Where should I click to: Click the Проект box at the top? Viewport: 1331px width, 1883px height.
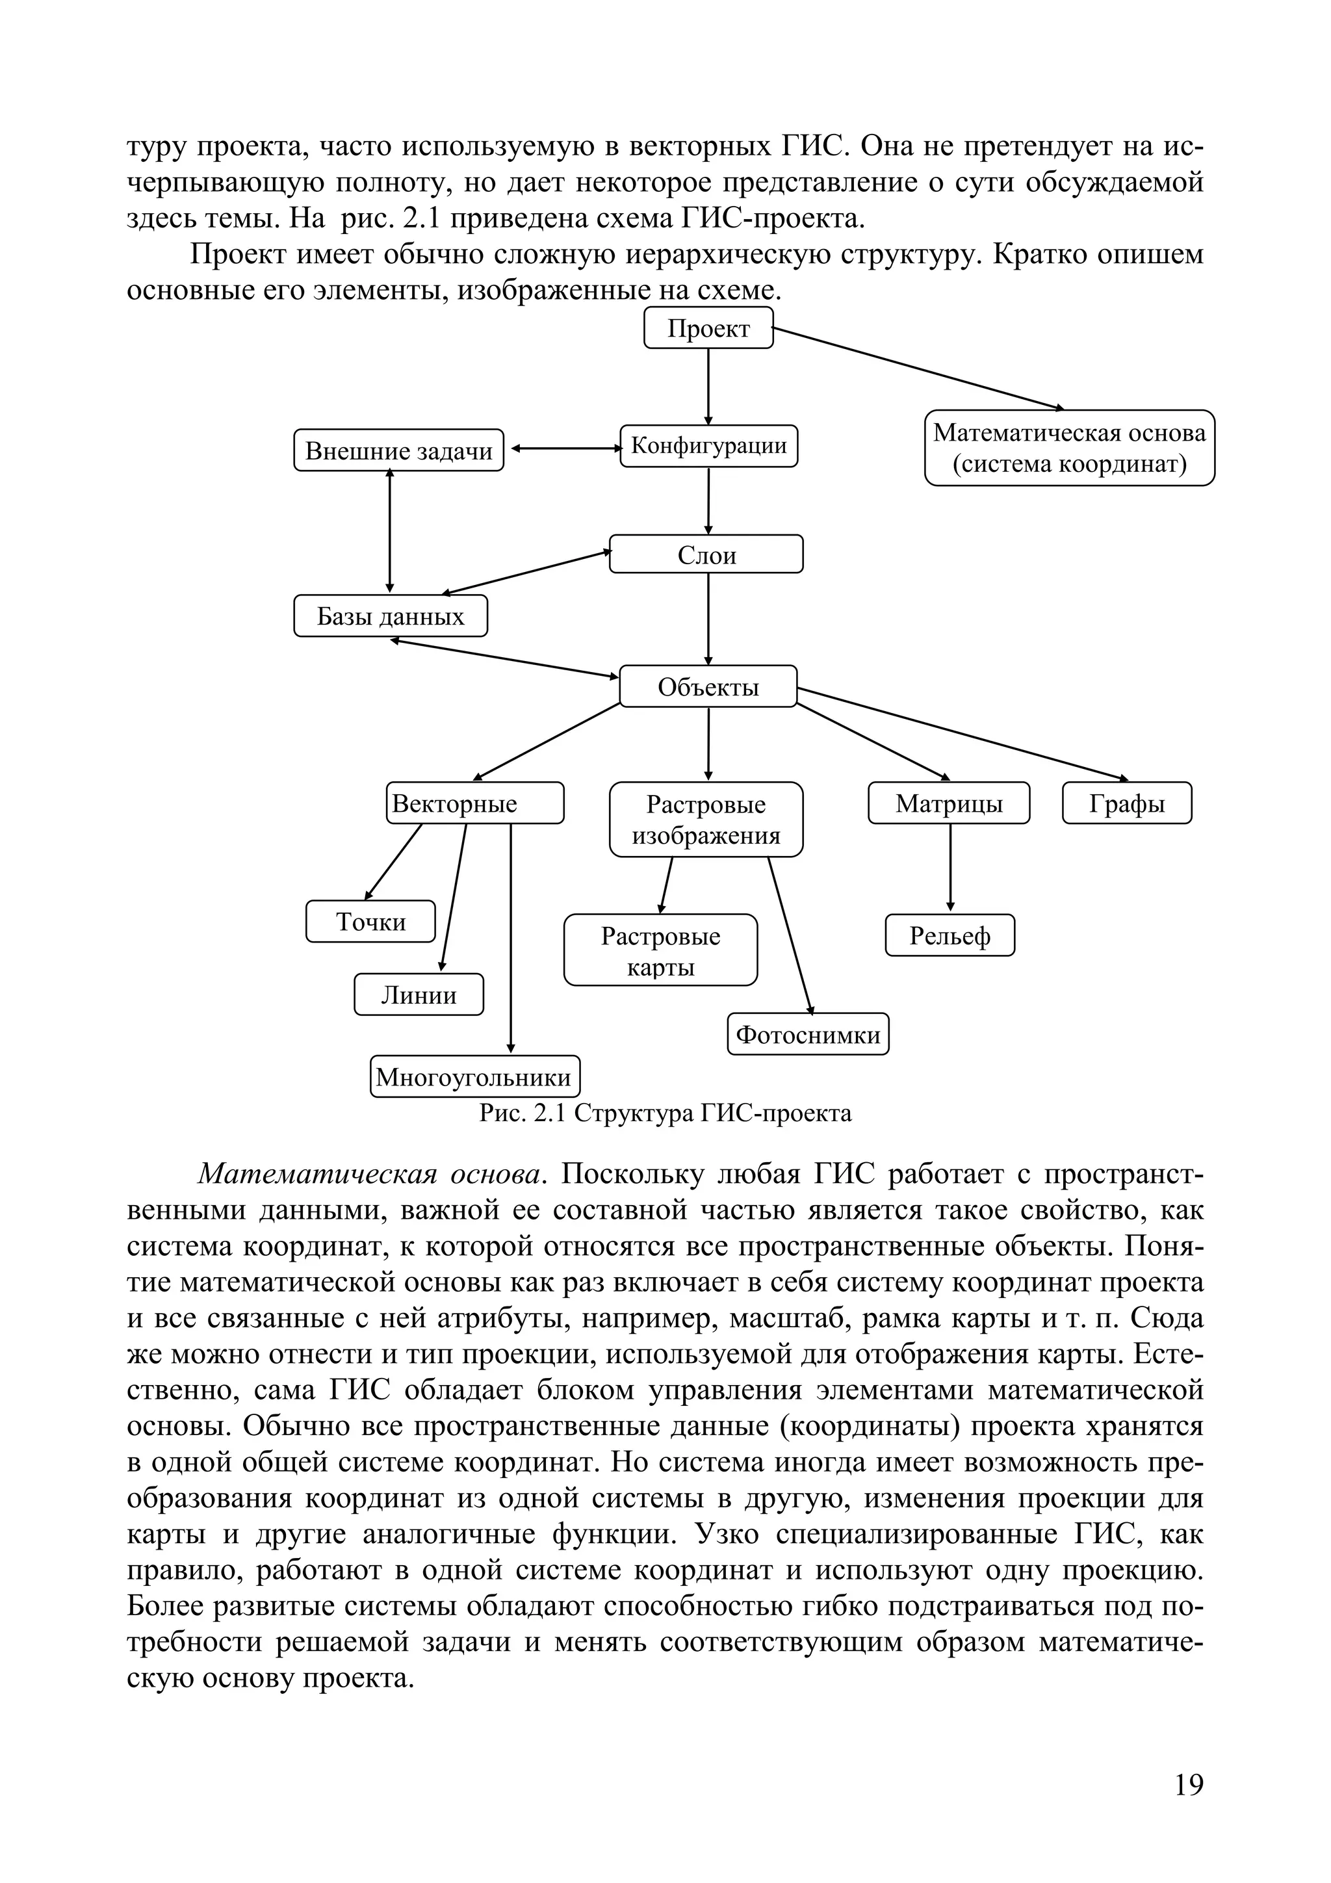pyautogui.click(x=708, y=328)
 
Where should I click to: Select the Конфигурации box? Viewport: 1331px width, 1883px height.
pyautogui.click(x=708, y=446)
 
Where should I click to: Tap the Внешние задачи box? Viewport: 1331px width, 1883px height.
pyautogui.click(x=398, y=450)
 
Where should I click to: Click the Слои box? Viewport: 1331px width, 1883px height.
pyautogui.click(x=706, y=554)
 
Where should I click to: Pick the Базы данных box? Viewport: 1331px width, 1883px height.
pyautogui.click(x=391, y=616)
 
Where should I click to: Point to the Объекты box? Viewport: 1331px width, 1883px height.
pyautogui.click(x=708, y=686)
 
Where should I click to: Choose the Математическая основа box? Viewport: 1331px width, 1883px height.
pyautogui.click(x=1068, y=448)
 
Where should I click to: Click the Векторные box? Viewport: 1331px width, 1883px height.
pyautogui.click(x=475, y=803)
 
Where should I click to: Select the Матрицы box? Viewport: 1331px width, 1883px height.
pyautogui.click(x=949, y=803)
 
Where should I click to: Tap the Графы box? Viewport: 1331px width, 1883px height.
pyautogui.click(x=1126, y=803)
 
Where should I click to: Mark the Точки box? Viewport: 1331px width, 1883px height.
pyautogui.click(x=370, y=921)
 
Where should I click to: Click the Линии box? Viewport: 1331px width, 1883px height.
pyautogui.click(x=419, y=994)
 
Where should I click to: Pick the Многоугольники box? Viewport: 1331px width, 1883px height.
pyautogui.click(x=475, y=1076)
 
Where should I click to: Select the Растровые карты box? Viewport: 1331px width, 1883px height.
pyautogui.click(x=660, y=950)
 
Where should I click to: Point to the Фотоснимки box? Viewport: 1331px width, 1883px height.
pyautogui.click(x=808, y=1034)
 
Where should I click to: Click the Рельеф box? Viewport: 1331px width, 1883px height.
pyautogui.click(x=950, y=935)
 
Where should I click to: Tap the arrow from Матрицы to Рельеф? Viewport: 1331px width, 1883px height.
pyautogui.click(x=950, y=868)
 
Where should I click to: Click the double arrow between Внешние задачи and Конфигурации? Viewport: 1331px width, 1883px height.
pyautogui.click(x=566, y=448)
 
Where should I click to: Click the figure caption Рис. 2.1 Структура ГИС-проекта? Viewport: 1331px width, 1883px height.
pyautogui.click(x=665, y=1113)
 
